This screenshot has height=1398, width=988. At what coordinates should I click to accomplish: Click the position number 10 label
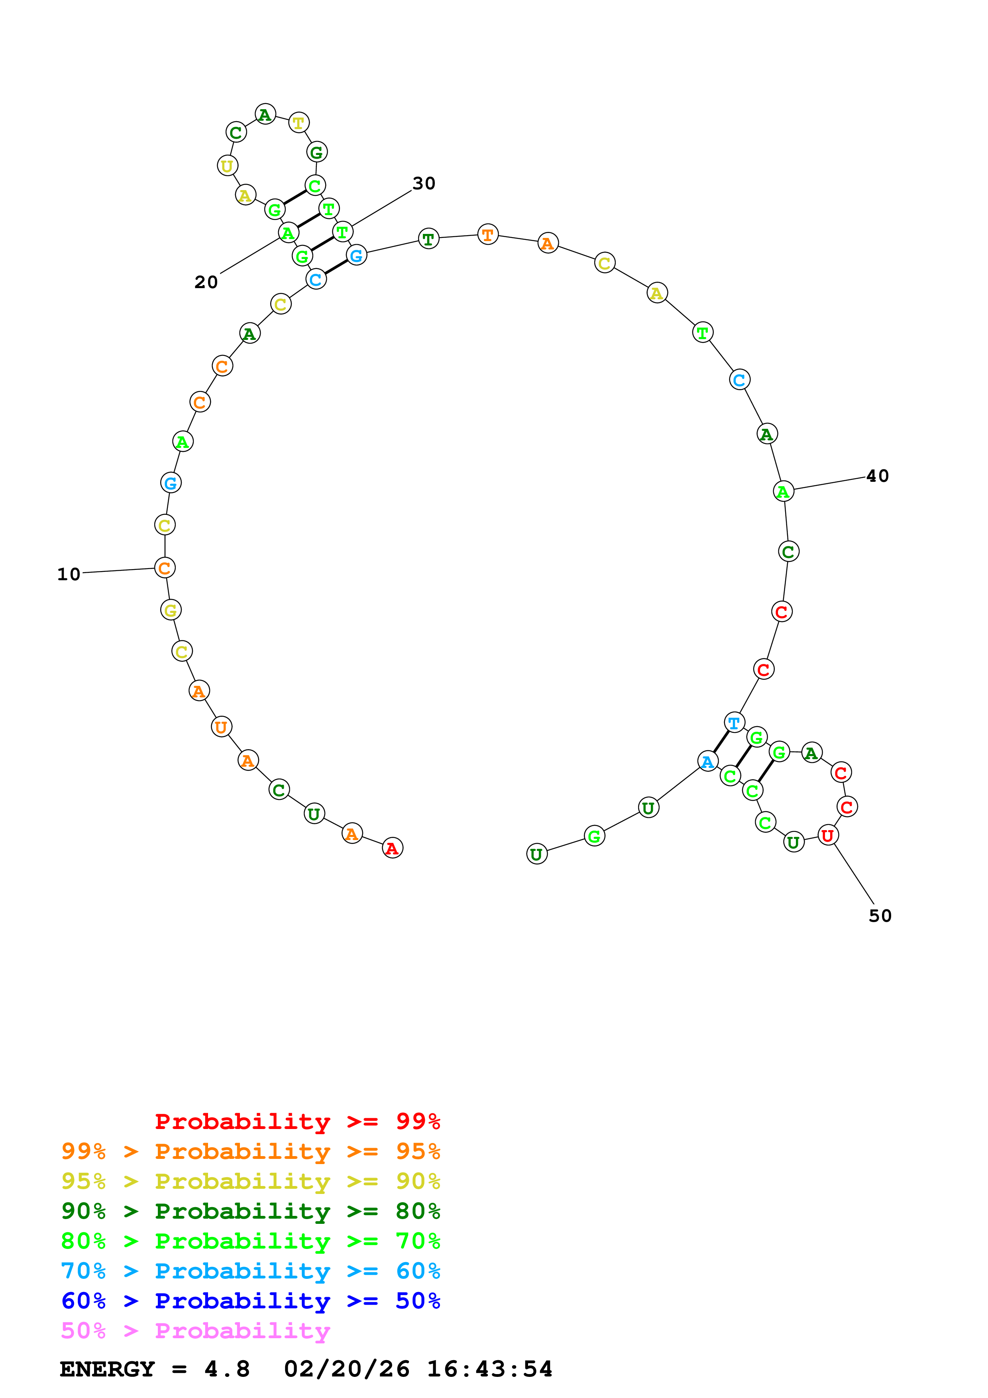[69, 574]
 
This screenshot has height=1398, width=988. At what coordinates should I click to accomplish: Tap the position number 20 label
[206, 282]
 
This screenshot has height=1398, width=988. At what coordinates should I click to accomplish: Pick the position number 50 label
[880, 916]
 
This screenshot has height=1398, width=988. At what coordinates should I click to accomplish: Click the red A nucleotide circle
[393, 848]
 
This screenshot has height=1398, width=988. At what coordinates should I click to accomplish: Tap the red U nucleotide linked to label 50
[828, 835]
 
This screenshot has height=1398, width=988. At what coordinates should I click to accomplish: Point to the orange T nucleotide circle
[487, 234]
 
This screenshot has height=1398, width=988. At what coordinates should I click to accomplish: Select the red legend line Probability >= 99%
[297, 1121]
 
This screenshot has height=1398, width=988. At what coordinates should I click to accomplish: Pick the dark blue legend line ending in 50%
[250, 1301]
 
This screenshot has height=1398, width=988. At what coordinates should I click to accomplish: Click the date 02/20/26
[346, 1369]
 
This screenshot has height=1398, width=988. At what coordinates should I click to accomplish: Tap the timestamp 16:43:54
[489, 1369]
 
